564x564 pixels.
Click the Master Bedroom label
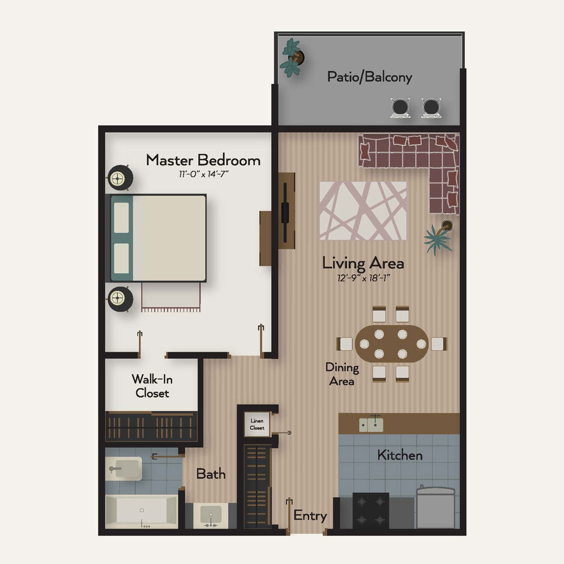tap(203, 160)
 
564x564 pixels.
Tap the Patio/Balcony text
tap(370, 77)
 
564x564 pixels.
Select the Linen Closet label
tap(257, 424)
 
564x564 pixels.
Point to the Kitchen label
tap(400, 455)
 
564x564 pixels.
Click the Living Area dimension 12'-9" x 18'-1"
tap(364, 278)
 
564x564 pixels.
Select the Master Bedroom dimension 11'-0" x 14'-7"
tap(204, 174)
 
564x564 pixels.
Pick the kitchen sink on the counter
tap(371, 425)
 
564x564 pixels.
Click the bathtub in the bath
tap(141, 511)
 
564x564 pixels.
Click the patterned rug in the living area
tap(363, 211)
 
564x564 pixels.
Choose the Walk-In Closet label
tap(152, 386)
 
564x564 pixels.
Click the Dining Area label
tap(342, 374)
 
